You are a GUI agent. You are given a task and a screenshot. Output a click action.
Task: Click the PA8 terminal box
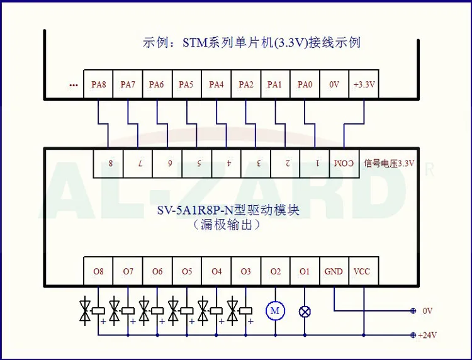(98, 84)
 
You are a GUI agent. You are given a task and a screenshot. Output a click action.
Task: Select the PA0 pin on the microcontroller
(305, 84)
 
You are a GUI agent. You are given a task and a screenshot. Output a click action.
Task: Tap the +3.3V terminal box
(364, 84)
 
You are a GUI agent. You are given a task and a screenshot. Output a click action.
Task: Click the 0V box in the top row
(334, 84)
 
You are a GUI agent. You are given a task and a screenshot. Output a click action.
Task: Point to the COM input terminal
(344, 164)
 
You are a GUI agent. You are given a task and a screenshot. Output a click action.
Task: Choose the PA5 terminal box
(186, 84)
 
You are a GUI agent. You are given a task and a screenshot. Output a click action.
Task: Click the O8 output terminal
(98, 272)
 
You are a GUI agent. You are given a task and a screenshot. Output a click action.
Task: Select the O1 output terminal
(305, 272)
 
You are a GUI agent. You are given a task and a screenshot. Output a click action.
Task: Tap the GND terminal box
(334, 272)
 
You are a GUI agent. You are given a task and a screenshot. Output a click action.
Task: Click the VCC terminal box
(362, 272)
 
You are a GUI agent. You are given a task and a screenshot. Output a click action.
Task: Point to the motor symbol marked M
(275, 310)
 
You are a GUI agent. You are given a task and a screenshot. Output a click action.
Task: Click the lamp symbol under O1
(305, 310)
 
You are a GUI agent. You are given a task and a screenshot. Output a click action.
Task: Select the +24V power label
(427, 335)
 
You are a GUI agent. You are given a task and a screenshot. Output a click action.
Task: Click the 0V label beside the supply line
(428, 311)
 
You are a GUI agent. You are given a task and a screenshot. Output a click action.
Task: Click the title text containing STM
(252, 43)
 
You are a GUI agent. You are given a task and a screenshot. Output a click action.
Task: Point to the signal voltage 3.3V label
(394, 164)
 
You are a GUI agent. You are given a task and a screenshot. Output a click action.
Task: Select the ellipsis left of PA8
(74, 85)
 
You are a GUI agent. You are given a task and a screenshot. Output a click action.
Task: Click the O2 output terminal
(275, 272)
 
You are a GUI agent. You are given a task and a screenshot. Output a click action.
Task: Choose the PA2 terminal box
(245, 84)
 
